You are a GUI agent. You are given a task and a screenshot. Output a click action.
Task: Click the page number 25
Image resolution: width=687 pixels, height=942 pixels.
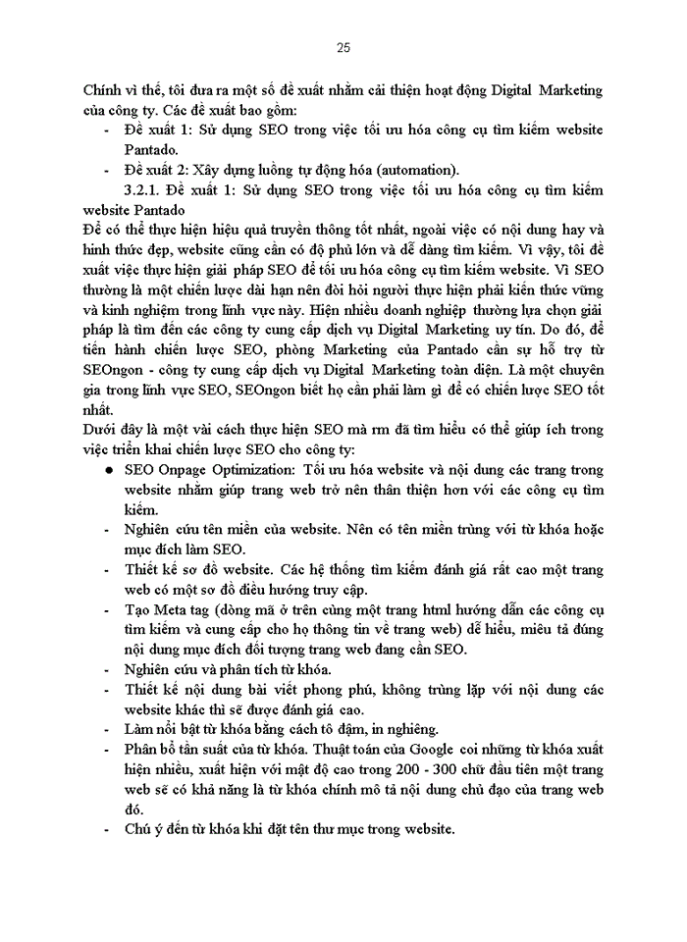(x=343, y=46)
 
